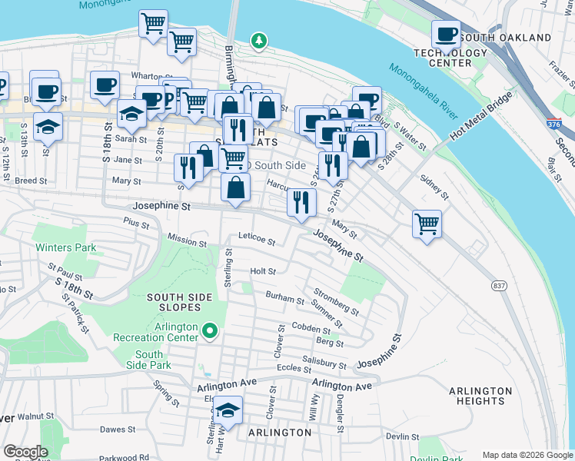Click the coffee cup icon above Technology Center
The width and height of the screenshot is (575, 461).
click(x=446, y=35)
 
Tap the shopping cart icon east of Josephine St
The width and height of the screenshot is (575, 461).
click(x=427, y=224)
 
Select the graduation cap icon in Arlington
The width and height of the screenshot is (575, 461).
click(x=228, y=411)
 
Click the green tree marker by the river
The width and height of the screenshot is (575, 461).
click(x=260, y=40)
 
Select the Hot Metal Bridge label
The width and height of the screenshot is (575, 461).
click(x=460, y=122)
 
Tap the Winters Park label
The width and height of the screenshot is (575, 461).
click(x=65, y=247)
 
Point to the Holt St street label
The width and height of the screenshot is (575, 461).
click(x=263, y=271)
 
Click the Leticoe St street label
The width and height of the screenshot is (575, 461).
click(x=257, y=239)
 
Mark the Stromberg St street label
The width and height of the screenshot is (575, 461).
click(x=336, y=301)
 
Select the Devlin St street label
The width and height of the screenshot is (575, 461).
click(x=401, y=436)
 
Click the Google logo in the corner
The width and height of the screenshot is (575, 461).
click(x=25, y=452)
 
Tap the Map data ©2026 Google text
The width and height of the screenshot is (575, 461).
click(x=527, y=455)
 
